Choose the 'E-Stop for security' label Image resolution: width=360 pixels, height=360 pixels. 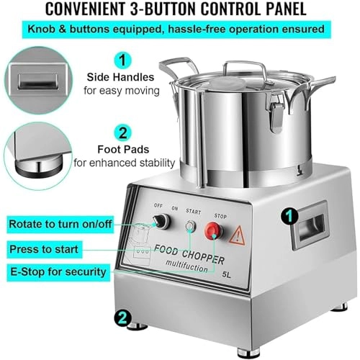pyautogui.click(x=59, y=272)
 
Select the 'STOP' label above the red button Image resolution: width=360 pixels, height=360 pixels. pyautogui.click(x=220, y=213)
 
